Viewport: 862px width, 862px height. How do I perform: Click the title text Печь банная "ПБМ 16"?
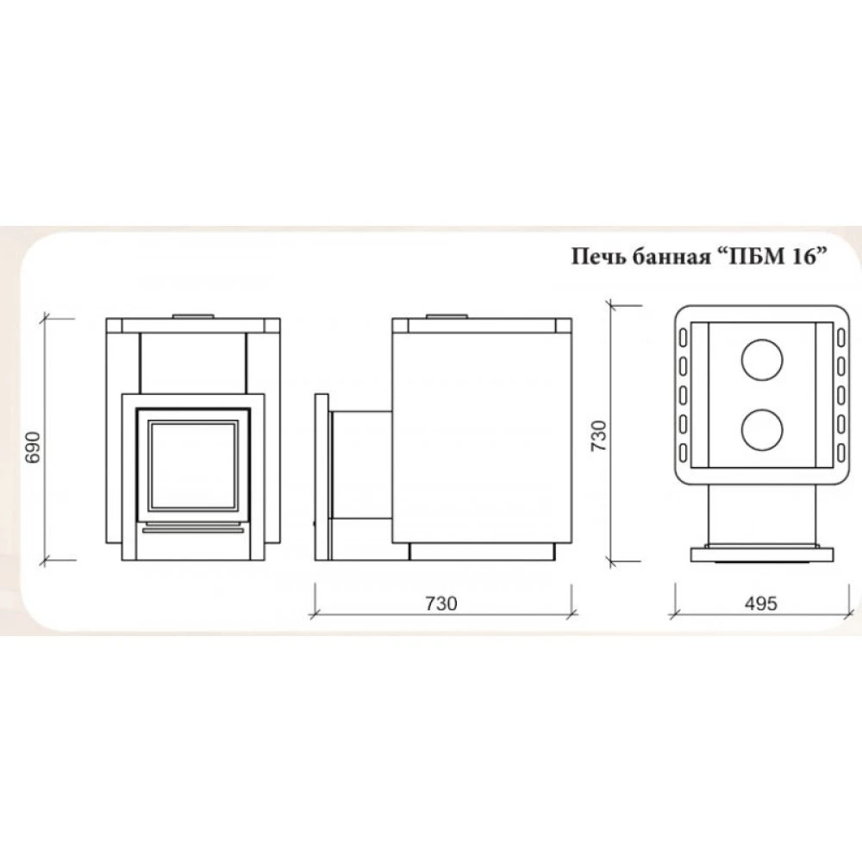coord(699,256)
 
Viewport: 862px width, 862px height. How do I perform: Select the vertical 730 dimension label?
coord(598,436)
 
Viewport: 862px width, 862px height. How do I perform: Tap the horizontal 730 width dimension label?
coord(440,603)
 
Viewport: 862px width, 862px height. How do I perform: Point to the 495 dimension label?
coord(761,603)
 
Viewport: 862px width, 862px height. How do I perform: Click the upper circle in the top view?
coord(761,360)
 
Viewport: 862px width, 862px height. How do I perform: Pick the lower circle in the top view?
coord(761,428)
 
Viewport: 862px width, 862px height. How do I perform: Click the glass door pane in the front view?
coord(193,464)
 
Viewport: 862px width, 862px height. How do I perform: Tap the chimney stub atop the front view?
coord(193,316)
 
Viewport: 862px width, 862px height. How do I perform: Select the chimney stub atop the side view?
coord(447,316)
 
